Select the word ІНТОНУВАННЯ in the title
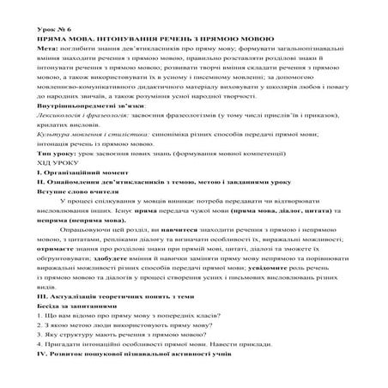(x=133, y=39)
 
